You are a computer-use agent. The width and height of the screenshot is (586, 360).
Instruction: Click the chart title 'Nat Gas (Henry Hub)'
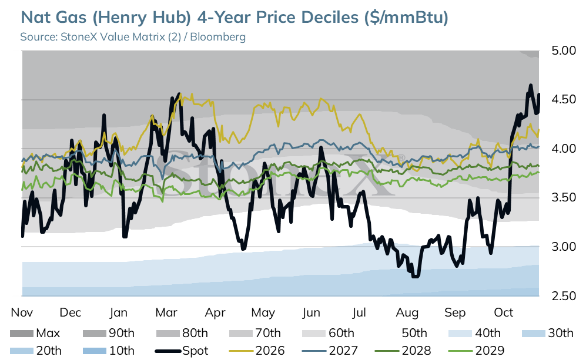click(106, 18)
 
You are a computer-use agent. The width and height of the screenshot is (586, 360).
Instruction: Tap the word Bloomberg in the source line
click(218, 37)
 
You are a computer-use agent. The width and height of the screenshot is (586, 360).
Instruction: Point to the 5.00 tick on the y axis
click(564, 51)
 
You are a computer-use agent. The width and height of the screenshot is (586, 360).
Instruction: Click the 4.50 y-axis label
click(564, 99)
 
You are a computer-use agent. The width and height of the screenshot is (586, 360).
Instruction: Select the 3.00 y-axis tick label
click(564, 247)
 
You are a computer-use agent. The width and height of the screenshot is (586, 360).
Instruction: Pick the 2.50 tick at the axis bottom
click(564, 296)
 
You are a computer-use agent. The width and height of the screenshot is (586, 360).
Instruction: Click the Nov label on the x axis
click(22, 312)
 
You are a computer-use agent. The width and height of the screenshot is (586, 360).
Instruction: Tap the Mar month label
click(166, 312)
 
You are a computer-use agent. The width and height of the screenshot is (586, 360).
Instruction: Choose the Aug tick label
click(407, 313)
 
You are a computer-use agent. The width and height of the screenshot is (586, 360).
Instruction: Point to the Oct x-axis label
click(503, 312)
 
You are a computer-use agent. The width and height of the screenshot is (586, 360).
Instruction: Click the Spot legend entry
click(182, 351)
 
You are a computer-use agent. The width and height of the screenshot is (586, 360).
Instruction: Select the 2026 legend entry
click(257, 351)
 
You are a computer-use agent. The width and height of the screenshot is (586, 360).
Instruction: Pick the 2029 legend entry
click(476, 351)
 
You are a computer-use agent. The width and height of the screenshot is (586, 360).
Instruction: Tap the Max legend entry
click(35, 333)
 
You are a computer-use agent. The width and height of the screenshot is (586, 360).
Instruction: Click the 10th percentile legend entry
click(108, 351)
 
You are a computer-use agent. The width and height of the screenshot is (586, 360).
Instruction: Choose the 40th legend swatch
click(460, 334)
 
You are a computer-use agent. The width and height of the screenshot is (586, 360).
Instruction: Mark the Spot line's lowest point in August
click(415, 277)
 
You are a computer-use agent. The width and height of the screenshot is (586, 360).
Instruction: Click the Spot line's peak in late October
click(530, 86)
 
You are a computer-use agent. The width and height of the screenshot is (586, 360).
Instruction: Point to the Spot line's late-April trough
click(243, 249)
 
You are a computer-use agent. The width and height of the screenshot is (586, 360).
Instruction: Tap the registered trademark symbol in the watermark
click(401, 157)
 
